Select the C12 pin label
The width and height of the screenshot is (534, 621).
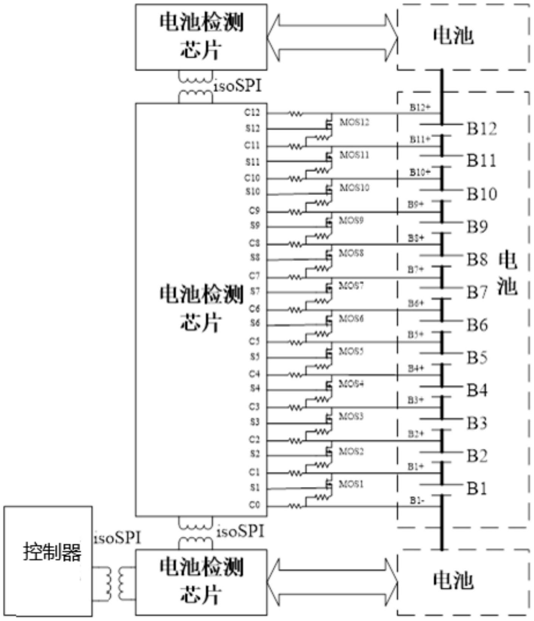[252, 112]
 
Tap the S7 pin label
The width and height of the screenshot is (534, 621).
[255, 291]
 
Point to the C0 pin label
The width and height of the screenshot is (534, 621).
[254, 505]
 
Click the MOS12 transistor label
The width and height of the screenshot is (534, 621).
[354, 122]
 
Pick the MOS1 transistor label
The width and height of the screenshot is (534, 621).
[351, 484]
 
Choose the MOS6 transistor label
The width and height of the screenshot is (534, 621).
[351, 319]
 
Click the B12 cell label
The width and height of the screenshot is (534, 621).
[482, 129]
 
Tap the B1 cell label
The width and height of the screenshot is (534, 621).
[477, 488]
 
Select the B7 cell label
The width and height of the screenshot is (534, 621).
[477, 292]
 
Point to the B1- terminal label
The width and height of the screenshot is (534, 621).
[417, 501]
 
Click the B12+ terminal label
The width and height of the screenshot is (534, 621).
[420, 108]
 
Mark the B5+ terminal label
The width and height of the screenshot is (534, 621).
[415, 335]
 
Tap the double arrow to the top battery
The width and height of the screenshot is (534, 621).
[332, 37]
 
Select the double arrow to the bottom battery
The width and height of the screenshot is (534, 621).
[332, 582]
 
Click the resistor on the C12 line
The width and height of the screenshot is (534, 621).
[296, 113]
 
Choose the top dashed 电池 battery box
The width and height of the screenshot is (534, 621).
[463, 37]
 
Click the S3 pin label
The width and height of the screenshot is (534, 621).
[255, 422]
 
